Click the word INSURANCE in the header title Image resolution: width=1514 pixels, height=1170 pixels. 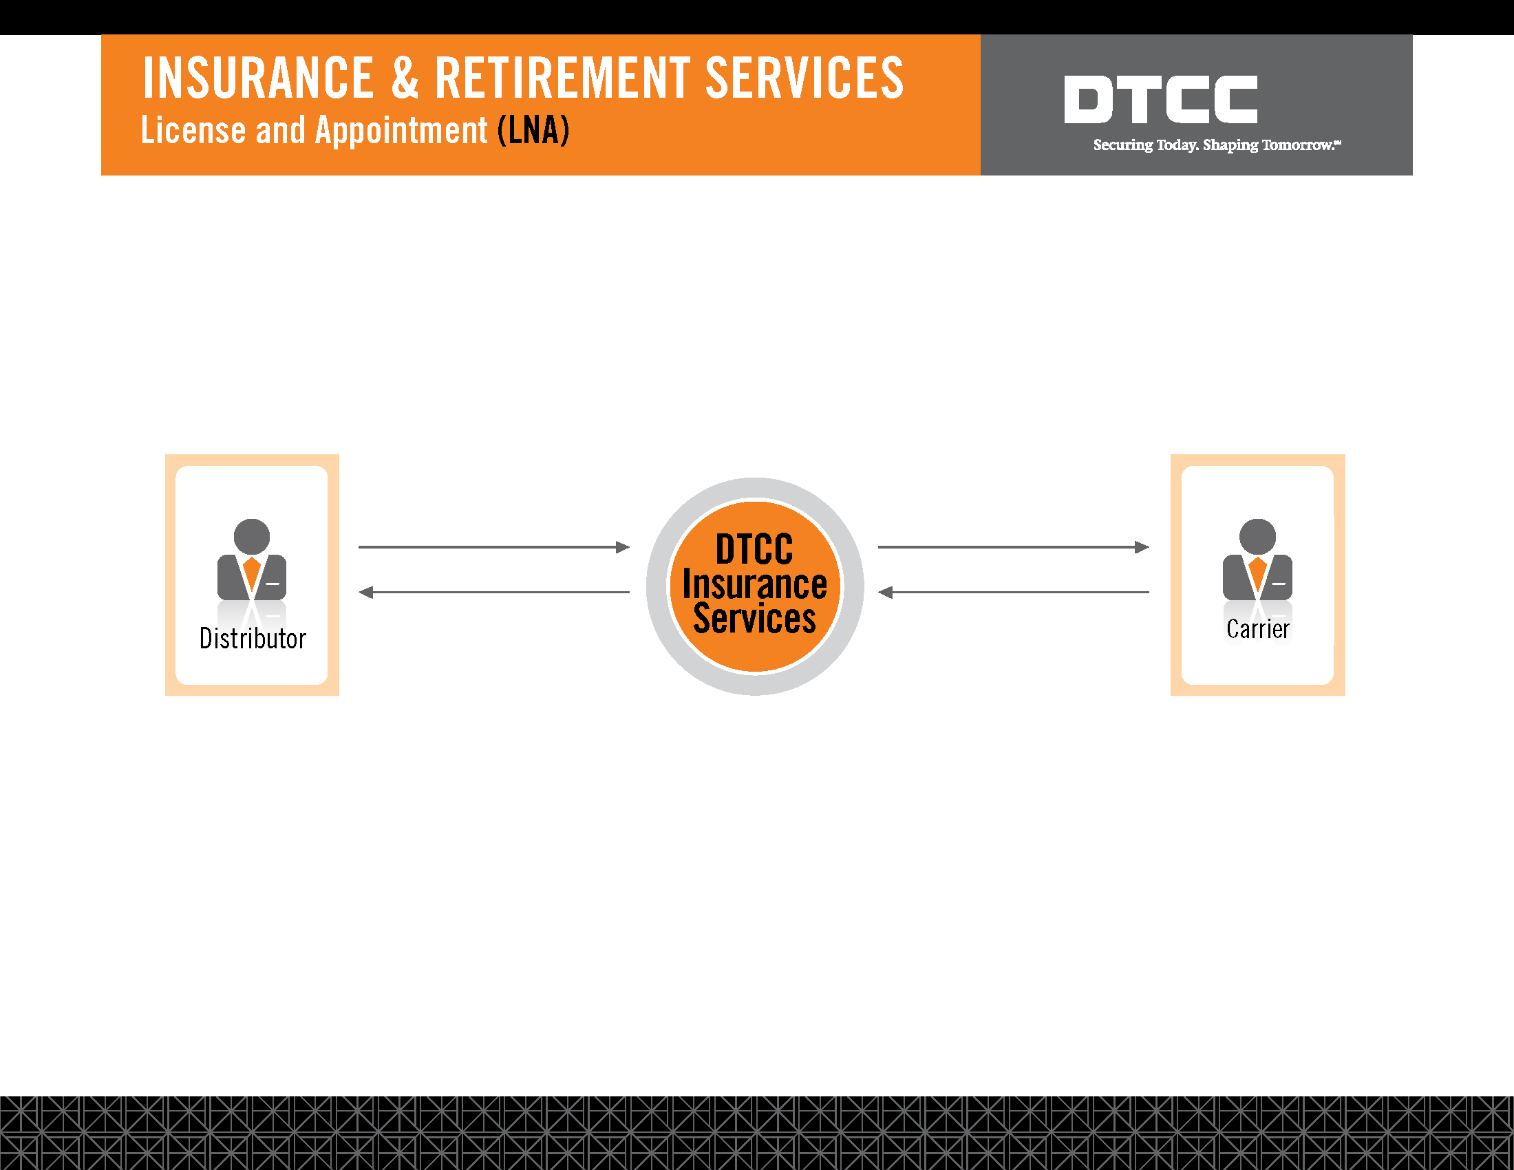click(259, 78)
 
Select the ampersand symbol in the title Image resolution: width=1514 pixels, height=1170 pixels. click(405, 78)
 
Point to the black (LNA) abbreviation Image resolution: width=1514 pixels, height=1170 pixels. click(534, 130)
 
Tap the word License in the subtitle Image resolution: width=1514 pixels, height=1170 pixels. click(193, 130)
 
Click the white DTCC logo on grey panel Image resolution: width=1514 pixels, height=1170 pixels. click(1161, 100)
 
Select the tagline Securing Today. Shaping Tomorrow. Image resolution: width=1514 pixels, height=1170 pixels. click(1217, 145)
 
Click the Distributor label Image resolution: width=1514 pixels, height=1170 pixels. click(253, 639)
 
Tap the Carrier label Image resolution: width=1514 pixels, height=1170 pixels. click(1257, 629)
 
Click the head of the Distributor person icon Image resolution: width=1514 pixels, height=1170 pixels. click(252, 537)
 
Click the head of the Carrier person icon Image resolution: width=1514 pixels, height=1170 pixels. click(1257, 537)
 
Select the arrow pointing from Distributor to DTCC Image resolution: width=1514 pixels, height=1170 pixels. click(494, 547)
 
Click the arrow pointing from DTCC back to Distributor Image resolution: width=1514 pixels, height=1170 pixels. click(494, 593)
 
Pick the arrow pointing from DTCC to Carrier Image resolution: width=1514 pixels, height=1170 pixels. click(1014, 547)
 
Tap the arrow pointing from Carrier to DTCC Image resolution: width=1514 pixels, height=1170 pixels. click(1014, 593)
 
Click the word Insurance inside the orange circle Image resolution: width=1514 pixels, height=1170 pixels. click(755, 584)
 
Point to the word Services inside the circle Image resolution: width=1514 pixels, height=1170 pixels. click(755, 618)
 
